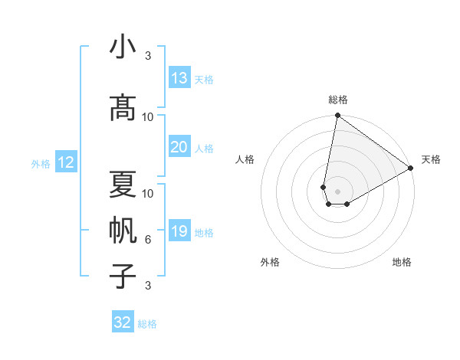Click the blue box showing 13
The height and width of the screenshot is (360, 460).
[179, 78]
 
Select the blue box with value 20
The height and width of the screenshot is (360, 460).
[179, 147]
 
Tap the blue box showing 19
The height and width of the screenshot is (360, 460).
[179, 231]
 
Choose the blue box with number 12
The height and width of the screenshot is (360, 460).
[65, 162]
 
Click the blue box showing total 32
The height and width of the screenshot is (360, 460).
[123, 322]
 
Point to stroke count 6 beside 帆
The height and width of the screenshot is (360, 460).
[148, 240]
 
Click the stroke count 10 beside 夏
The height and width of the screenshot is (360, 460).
[148, 193]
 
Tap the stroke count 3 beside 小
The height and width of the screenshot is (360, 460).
[148, 56]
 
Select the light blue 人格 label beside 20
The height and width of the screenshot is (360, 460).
[204, 148]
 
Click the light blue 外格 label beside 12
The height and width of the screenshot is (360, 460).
[41, 163]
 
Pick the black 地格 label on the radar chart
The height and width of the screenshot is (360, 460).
[402, 262]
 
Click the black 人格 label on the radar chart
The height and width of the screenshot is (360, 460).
[245, 159]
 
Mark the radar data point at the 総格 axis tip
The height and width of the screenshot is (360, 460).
[337, 116]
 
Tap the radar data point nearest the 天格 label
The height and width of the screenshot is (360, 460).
[411, 169]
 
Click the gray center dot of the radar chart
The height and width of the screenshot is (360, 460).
[337, 190]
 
